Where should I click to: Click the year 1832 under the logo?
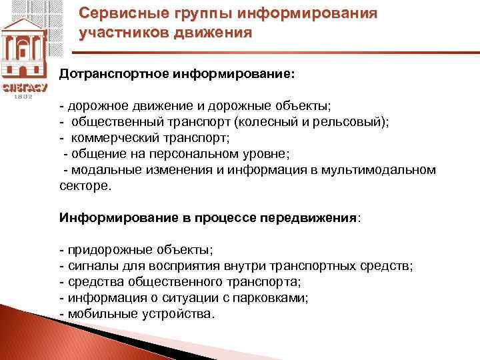click(x=23, y=96)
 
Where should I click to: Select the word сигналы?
click(x=89, y=266)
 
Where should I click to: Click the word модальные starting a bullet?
click(x=105, y=169)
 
